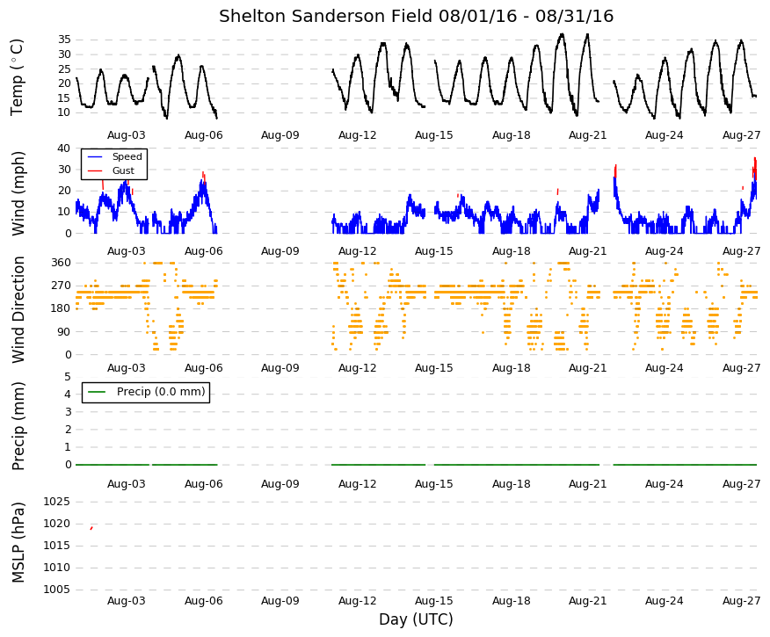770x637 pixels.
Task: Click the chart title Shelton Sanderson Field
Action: click(x=326, y=16)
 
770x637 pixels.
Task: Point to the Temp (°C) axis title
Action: click(x=18, y=77)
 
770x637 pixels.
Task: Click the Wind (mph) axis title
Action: click(x=18, y=193)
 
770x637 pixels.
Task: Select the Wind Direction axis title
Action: click(x=18, y=309)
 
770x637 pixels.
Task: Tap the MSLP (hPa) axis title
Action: click(x=18, y=542)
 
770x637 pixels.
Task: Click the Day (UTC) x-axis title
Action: click(x=416, y=619)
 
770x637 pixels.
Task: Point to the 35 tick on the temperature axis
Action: click(x=64, y=40)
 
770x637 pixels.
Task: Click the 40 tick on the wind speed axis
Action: click(x=64, y=148)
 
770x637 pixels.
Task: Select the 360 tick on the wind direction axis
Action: click(x=62, y=263)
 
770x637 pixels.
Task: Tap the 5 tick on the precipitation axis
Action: click(x=68, y=377)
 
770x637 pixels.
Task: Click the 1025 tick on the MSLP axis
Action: click(x=57, y=502)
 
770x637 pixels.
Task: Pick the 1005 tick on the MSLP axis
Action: click(x=57, y=590)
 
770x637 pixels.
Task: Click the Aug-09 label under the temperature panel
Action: click(x=280, y=135)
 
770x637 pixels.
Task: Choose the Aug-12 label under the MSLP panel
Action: click(x=357, y=601)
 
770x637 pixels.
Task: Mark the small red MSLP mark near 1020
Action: click(x=91, y=528)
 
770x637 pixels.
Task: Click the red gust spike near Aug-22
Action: click(x=615, y=170)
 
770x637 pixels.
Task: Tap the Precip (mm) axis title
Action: click(x=18, y=426)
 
